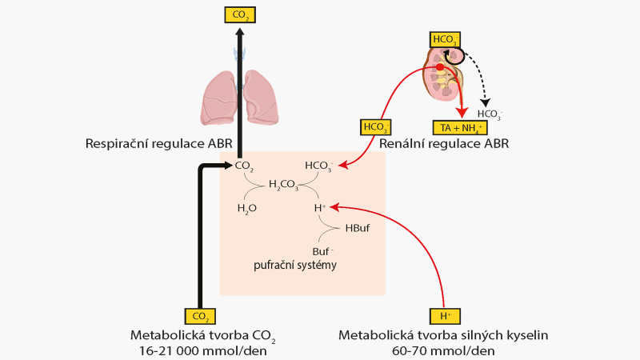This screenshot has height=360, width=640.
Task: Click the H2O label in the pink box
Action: [247, 208]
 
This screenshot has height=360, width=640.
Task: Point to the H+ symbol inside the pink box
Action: [320, 207]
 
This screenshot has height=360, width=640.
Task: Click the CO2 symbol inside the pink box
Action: [244, 166]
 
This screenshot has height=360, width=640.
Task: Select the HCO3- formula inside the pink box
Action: [319, 166]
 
